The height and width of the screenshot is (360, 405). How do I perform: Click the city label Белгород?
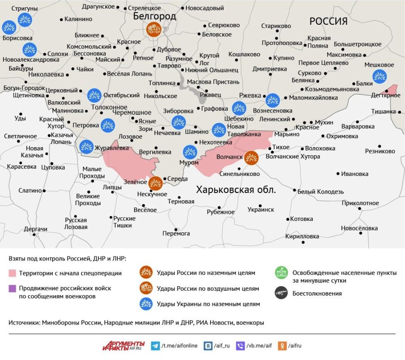click(154, 16)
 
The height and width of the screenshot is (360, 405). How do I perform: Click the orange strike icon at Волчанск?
click(251, 157)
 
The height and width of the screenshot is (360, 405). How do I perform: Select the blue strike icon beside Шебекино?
click(239, 108)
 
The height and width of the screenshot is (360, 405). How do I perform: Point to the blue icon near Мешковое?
click(379, 76)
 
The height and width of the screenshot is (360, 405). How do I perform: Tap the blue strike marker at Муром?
click(190, 152)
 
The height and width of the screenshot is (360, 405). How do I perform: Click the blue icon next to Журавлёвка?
click(86, 146)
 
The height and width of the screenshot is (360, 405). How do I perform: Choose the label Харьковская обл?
click(236, 189)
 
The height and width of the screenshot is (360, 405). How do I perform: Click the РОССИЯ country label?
click(328, 21)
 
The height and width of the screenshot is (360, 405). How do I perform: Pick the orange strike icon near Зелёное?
click(155, 183)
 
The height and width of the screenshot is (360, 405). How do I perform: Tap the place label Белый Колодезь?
click(320, 192)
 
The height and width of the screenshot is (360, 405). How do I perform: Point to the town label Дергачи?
click(36, 229)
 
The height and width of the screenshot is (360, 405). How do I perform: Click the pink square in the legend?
click(12, 273)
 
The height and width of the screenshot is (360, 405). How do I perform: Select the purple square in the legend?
click(12, 288)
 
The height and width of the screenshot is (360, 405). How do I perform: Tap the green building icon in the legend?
click(281, 273)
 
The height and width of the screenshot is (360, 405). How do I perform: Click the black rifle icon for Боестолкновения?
click(281, 293)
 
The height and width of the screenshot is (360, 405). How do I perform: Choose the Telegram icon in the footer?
click(156, 346)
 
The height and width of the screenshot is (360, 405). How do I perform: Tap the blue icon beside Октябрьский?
click(94, 95)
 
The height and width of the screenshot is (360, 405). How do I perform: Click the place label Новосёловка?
click(359, 228)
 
